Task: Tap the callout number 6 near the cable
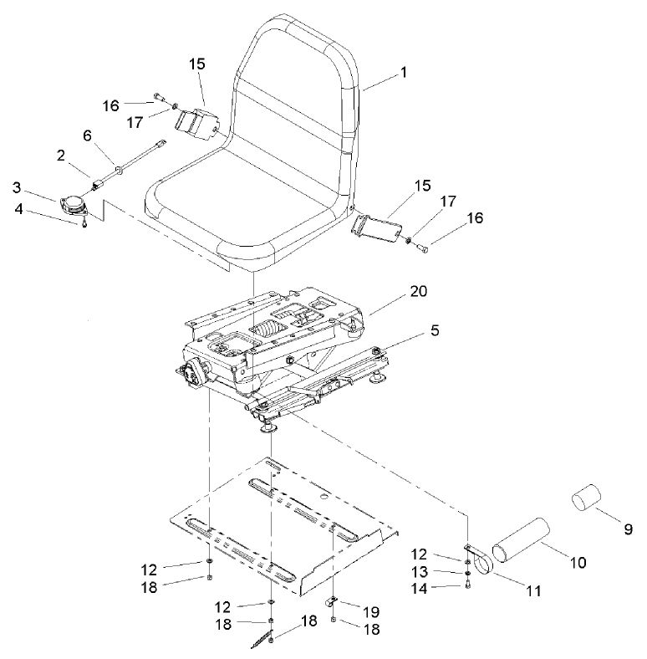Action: [x=86, y=136]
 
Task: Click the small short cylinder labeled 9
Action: [x=588, y=499]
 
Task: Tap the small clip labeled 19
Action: [x=331, y=600]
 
